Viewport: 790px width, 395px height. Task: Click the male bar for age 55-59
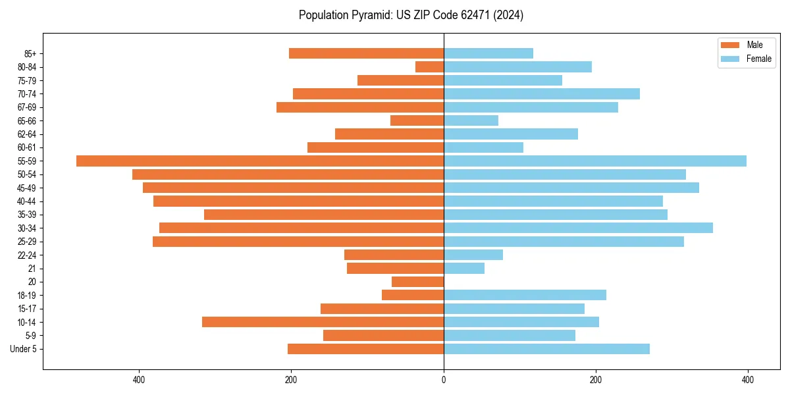pyautogui.click(x=260, y=161)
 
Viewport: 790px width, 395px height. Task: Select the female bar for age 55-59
pyautogui.click(x=595, y=161)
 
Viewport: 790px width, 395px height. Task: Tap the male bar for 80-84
pyautogui.click(x=429, y=66)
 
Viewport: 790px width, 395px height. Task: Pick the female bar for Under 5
pyautogui.click(x=546, y=349)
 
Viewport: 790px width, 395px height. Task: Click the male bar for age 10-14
pyautogui.click(x=323, y=322)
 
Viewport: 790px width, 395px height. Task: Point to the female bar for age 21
pyautogui.click(x=464, y=268)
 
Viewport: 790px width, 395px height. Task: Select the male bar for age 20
pyautogui.click(x=417, y=282)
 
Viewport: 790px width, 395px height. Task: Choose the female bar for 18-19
pyautogui.click(x=525, y=295)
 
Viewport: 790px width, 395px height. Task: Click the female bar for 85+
pyautogui.click(x=488, y=53)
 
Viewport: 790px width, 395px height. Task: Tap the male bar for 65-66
pyautogui.click(x=417, y=120)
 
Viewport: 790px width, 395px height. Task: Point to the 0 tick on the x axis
pyautogui.click(x=444, y=380)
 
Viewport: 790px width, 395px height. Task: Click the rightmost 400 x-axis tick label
pyautogui.click(x=748, y=380)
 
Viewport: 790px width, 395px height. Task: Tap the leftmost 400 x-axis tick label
pyautogui.click(x=139, y=380)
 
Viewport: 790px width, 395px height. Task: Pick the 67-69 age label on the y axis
pyautogui.click(x=27, y=107)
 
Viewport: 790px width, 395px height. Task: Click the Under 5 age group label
pyautogui.click(x=23, y=349)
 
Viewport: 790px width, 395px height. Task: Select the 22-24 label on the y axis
pyautogui.click(x=27, y=255)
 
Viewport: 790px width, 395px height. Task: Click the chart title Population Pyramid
pyautogui.click(x=411, y=15)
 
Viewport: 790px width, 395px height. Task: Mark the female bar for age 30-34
pyautogui.click(x=578, y=228)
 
